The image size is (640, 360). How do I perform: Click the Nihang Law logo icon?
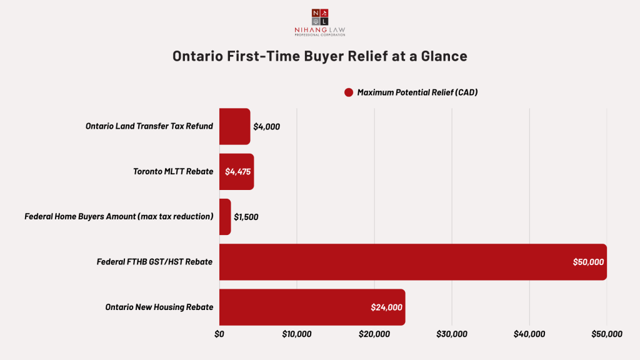coord(319,17)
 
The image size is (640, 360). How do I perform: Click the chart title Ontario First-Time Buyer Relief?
coord(319,56)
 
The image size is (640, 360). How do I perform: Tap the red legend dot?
coord(349,92)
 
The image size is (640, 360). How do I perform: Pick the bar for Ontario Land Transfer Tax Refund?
coord(234,126)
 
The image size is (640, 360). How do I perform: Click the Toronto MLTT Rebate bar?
coord(236,171)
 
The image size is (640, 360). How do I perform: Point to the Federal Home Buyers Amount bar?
coord(225,217)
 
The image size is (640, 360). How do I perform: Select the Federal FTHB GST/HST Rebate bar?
coord(412,262)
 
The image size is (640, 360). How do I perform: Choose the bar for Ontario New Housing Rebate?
coord(312,307)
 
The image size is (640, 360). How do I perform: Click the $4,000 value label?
coord(267,126)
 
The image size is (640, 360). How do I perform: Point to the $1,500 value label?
coord(246,217)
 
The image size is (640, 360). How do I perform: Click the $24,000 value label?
coord(386,307)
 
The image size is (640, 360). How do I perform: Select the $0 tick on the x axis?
coord(219,334)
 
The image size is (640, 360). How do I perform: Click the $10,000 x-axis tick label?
coord(297,334)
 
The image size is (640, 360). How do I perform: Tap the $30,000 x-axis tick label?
coord(452,334)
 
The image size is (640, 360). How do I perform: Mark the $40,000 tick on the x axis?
coord(529,334)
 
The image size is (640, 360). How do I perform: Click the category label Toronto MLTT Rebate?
coord(173,171)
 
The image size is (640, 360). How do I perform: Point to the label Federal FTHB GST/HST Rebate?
coord(154,262)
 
